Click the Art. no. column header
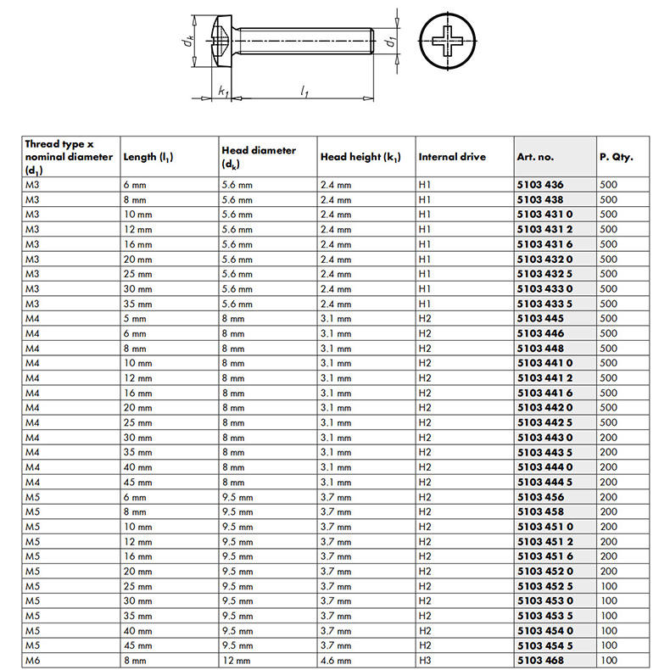(x=534, y=157)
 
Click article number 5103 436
(x=539, y=184)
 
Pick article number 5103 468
(x=539, y=660)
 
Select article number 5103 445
(x=539, y=318)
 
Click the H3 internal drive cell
(x=425, y=660)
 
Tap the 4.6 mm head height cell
(x=335, y=660)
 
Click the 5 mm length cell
(x=135, y=318)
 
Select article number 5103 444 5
(x=544, y=482)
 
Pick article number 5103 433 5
(x=544, y=304)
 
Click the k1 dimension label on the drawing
(x=222, y=90)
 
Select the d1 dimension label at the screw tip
(x=389, y=41)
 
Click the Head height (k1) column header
(x=360, y=157)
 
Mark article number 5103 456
(x=539, y=497)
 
